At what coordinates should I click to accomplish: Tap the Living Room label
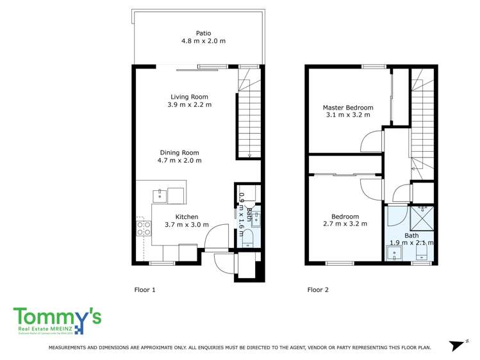[189, 97]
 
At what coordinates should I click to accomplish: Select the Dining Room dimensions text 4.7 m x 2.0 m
[179, 161]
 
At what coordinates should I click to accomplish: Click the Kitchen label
[186, 217]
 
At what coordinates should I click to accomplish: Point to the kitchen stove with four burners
[144, 229]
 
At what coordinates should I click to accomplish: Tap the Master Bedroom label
[348, 108]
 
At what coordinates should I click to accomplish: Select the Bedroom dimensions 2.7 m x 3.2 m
[345, 224]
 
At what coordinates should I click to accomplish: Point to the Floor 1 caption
[145, 290]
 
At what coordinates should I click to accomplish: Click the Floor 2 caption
[318, 290]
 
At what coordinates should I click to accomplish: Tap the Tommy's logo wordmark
[57, 316]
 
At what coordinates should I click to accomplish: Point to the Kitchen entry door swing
[217, 237]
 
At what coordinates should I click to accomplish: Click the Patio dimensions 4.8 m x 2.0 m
[203, 41]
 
